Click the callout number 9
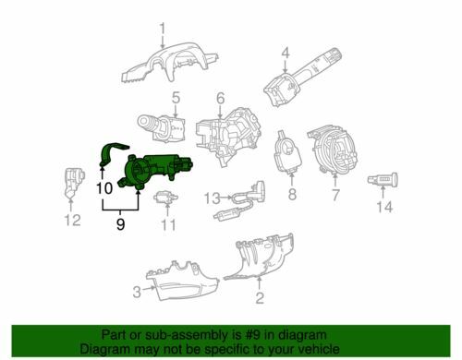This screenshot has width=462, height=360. click(120, 222)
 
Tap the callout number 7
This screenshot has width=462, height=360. click(335, 195)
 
